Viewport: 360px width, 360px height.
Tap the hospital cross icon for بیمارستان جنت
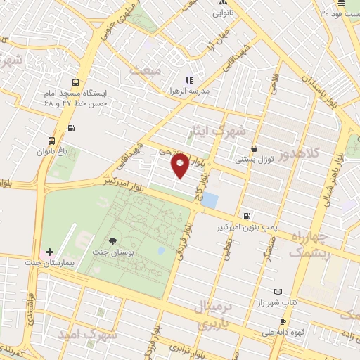click(x=49, y=251)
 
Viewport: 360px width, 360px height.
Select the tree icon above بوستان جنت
click(x=113, y=242)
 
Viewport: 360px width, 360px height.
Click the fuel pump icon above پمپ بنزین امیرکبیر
click(x=246, y=216)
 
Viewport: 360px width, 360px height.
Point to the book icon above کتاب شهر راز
click(x=278, y=291)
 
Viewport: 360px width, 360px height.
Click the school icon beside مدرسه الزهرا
click(x=188, y=80)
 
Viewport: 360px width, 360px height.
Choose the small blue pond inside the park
click(x=162, y=250)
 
